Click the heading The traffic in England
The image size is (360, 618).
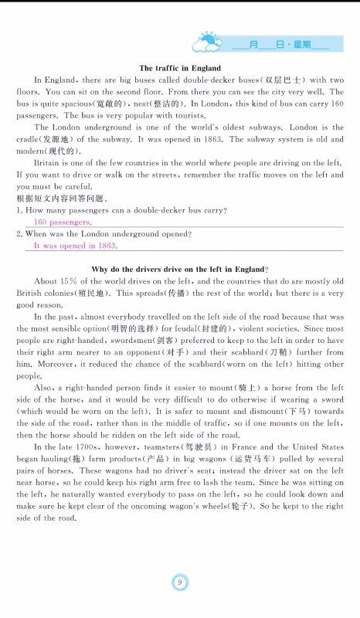click(x=179, y=68)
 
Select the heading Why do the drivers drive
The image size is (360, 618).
click(x=179, y=268)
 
